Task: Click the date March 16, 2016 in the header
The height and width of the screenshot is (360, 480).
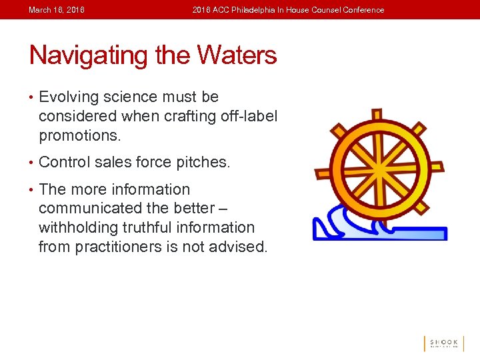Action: coord(57,10)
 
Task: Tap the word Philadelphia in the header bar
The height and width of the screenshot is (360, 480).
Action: coord(256,10)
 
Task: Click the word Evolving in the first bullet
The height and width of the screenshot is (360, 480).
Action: coord(69,97)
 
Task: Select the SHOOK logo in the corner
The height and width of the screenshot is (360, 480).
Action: coord(443,343)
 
